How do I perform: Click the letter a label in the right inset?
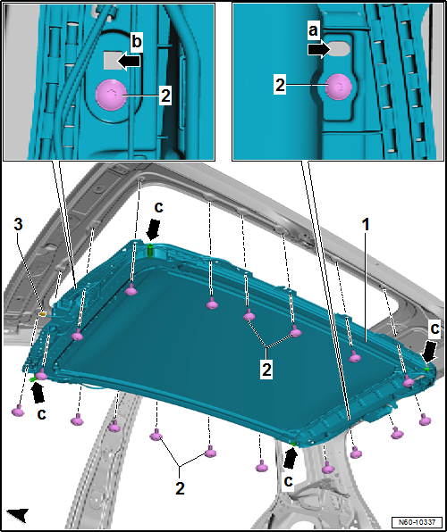tap(314, 32)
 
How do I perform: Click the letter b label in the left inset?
tap(136, 42)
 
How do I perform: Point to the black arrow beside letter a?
tap(319, 50)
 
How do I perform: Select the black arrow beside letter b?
tap(129, 61)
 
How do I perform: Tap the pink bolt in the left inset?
tap(112, 96)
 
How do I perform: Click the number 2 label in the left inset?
tap(164, 96)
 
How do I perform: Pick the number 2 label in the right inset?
tap(280, 85)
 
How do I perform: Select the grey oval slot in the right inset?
tap(339, 49)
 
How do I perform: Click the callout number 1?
tap(366, 225)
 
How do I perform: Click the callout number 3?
tap(19, 225)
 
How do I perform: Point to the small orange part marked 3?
tap(43, 314)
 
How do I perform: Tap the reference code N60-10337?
tap(417, 521)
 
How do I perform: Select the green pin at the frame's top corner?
tap(150, 251)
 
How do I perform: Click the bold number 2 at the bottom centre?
tap(180, 488)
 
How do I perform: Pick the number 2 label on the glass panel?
tap(266, 370)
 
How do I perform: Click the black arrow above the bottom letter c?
tap(290, 459)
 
